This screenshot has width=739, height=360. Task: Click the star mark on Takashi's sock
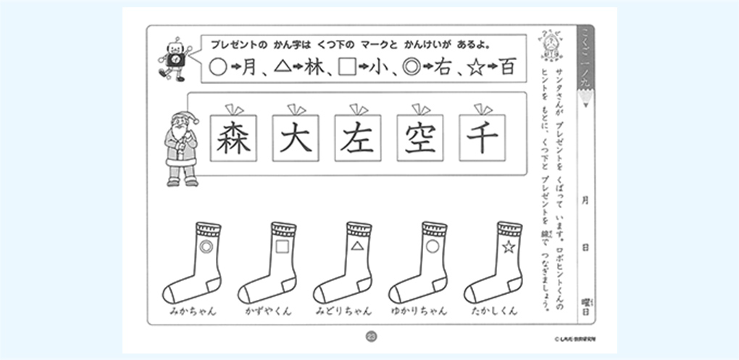508,248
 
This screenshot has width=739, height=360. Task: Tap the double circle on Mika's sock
206,248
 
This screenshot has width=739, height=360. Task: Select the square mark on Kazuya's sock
281,248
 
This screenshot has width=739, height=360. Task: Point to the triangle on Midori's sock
356,248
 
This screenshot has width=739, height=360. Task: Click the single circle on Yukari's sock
433,248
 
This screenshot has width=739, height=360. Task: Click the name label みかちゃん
193,311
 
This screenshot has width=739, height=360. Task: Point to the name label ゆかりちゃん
418,311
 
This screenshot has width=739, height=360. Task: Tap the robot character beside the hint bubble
174,61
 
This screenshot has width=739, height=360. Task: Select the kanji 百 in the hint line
508,68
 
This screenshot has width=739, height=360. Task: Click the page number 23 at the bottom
371,335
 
